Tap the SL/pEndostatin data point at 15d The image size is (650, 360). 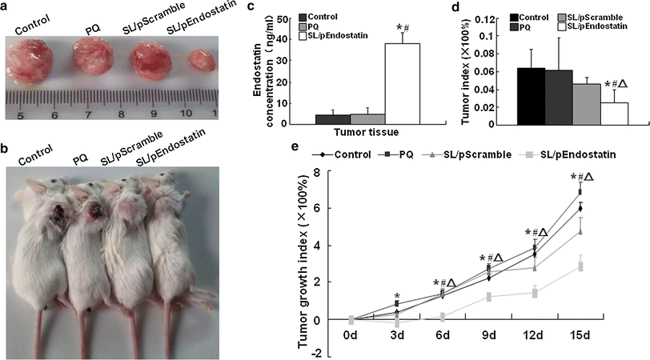580,266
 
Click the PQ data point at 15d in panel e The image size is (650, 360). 580,191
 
